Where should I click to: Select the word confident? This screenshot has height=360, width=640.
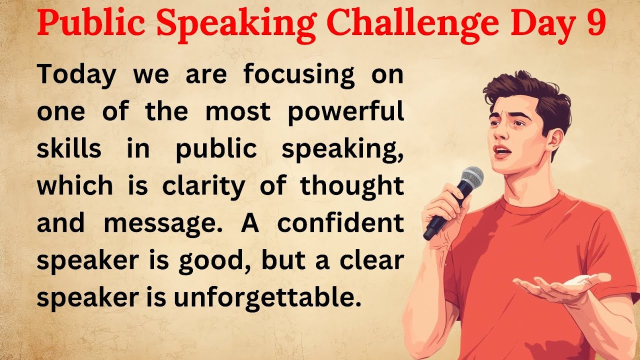click(x=340, y=223)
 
